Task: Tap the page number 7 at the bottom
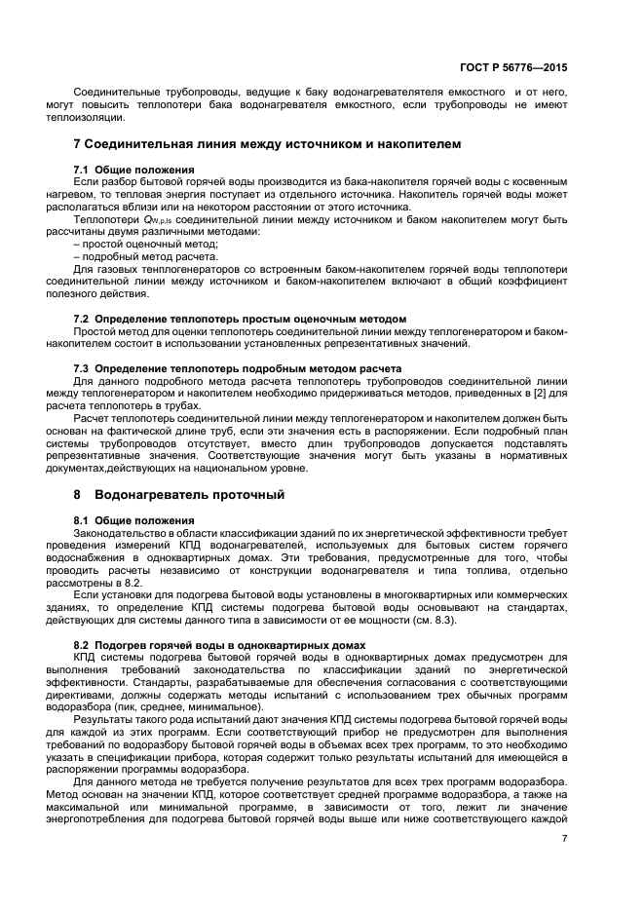564,838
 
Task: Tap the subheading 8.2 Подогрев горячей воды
219,645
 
